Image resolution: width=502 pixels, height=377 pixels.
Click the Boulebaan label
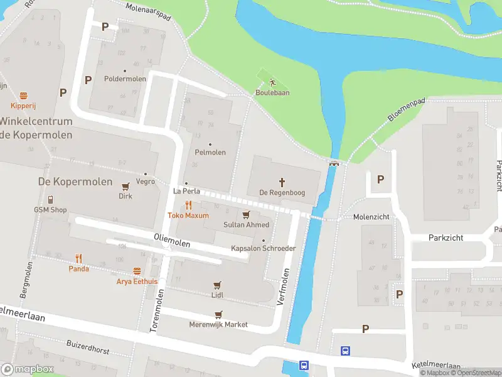tap(272, 93)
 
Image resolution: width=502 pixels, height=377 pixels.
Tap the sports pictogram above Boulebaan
tap(272, 82)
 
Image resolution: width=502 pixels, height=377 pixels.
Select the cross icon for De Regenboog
tap(282, 182)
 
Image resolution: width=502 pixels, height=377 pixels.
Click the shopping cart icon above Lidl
tap(218, 285)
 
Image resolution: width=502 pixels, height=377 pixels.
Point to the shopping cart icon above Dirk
tap(125, 186)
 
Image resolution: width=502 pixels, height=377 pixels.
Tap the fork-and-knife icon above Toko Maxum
tap(188, 205)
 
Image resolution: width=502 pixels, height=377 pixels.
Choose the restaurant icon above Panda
tap(78, 258)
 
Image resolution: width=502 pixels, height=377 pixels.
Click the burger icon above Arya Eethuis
tap(137, 271)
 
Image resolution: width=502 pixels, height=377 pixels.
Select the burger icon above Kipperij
tap(24, 96)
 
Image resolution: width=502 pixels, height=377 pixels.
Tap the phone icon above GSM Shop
tap(50, 199)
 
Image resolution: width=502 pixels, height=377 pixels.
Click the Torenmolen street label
tap(159, 310)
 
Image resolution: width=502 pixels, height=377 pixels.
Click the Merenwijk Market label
tap(218, 325)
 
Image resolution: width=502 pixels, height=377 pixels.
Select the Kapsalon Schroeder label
tap(263, 248)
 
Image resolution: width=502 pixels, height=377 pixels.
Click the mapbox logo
tap(26, 369)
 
